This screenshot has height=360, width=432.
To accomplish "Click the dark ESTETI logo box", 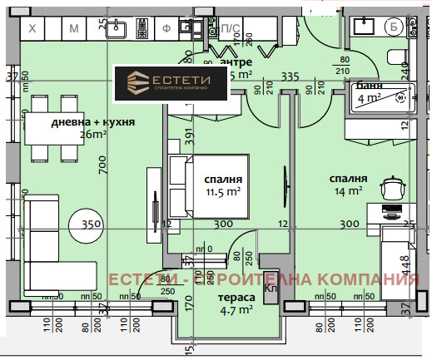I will pyautogui.click(x=173, y=84).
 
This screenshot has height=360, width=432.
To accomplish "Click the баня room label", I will pyautogui.click(x=369, y=86).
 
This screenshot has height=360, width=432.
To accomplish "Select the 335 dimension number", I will pyautogui.click(x=290, y=76).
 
